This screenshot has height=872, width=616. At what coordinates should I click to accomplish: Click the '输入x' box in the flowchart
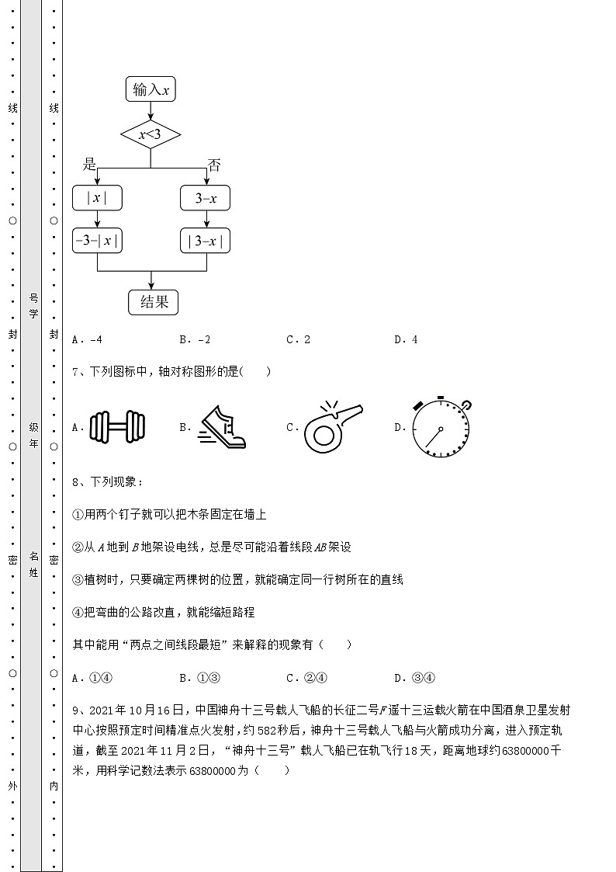(x=151, y=90)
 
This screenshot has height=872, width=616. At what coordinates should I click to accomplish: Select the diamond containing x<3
(x=151, y=135)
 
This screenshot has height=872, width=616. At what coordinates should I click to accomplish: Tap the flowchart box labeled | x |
(x=97, y=199)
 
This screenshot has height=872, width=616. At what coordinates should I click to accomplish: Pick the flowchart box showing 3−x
(x=206, y=199)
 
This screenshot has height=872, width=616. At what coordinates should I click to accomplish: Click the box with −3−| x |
(x=97, y=241)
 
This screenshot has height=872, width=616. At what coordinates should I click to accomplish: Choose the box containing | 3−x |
(x=206, y=241)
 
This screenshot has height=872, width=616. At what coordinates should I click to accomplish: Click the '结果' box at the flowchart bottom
(x=154, y=302)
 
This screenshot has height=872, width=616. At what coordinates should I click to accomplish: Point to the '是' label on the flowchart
(x=90, y=164)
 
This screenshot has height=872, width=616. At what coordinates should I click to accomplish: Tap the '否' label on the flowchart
(x=214, y=165)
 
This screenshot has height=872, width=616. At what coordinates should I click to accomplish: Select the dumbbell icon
(x=118, y=426)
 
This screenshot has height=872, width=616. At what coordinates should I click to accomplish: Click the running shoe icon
(x=223, y=427)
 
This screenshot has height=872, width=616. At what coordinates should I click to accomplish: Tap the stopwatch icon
(x=441, y=426)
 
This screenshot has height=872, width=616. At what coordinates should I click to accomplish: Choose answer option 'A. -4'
(x=87, y=339)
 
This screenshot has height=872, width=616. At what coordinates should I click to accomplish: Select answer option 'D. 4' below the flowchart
(x=406, y=339)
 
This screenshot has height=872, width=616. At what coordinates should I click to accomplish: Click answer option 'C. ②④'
(x=306, y=678)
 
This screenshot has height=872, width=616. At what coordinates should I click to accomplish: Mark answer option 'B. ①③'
(x=199, y=678)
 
